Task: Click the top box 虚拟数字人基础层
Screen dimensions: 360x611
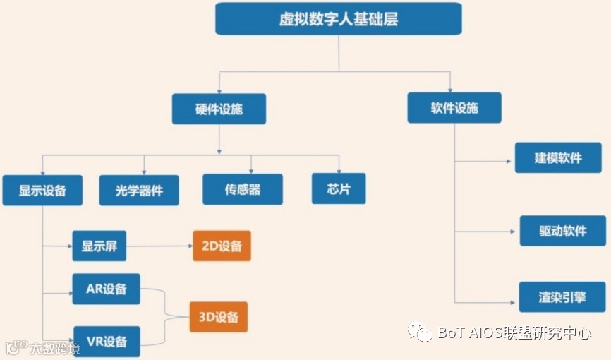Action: pos(338,19)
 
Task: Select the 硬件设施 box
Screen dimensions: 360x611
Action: pos(219,109)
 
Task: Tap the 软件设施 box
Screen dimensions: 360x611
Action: pos(454,107)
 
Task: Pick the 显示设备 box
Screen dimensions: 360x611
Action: pos(42,190)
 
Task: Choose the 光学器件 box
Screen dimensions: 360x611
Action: pos(139,190)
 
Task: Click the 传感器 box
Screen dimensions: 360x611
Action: pos(243,189)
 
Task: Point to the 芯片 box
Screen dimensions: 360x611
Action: pos(339,188)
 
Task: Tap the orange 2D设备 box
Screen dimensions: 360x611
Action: pos(222,246)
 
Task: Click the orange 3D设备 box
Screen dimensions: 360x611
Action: pos(219,317)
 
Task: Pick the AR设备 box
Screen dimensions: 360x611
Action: pos(106,289)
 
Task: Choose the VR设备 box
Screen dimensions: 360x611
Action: pos(107,342)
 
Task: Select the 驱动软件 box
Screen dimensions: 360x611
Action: pos(562,231)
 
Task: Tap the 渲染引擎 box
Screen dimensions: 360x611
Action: pos(562,297)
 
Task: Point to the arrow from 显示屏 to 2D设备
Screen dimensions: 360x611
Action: pos(162,246)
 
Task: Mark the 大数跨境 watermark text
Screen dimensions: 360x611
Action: pos(54,347)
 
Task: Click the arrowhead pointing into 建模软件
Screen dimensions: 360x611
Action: pos(510,161)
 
